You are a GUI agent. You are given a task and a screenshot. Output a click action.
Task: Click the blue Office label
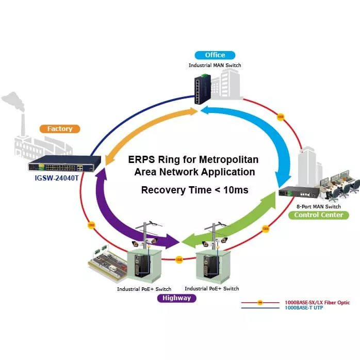click(x=215, y=55)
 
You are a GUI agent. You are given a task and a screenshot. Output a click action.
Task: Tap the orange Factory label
click(x=60, y=129)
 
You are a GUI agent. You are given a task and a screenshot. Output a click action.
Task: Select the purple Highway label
click(x=176, y=298)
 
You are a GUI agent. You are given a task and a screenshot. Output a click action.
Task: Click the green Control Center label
click(x=318, y=215)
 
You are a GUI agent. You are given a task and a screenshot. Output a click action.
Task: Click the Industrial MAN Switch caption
click(x=215, y=66)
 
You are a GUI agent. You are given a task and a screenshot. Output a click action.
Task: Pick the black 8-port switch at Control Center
click(x=298, y=192)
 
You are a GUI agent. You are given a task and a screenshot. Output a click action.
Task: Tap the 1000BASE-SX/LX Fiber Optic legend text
click(x=317, y=302)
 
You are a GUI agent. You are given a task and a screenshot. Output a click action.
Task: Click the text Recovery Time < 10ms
click(x=194, y=190)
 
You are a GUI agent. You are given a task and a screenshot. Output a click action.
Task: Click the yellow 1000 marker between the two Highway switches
click(x=179, y=259)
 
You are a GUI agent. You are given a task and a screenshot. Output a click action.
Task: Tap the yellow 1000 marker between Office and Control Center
click(x=281, y=117)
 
